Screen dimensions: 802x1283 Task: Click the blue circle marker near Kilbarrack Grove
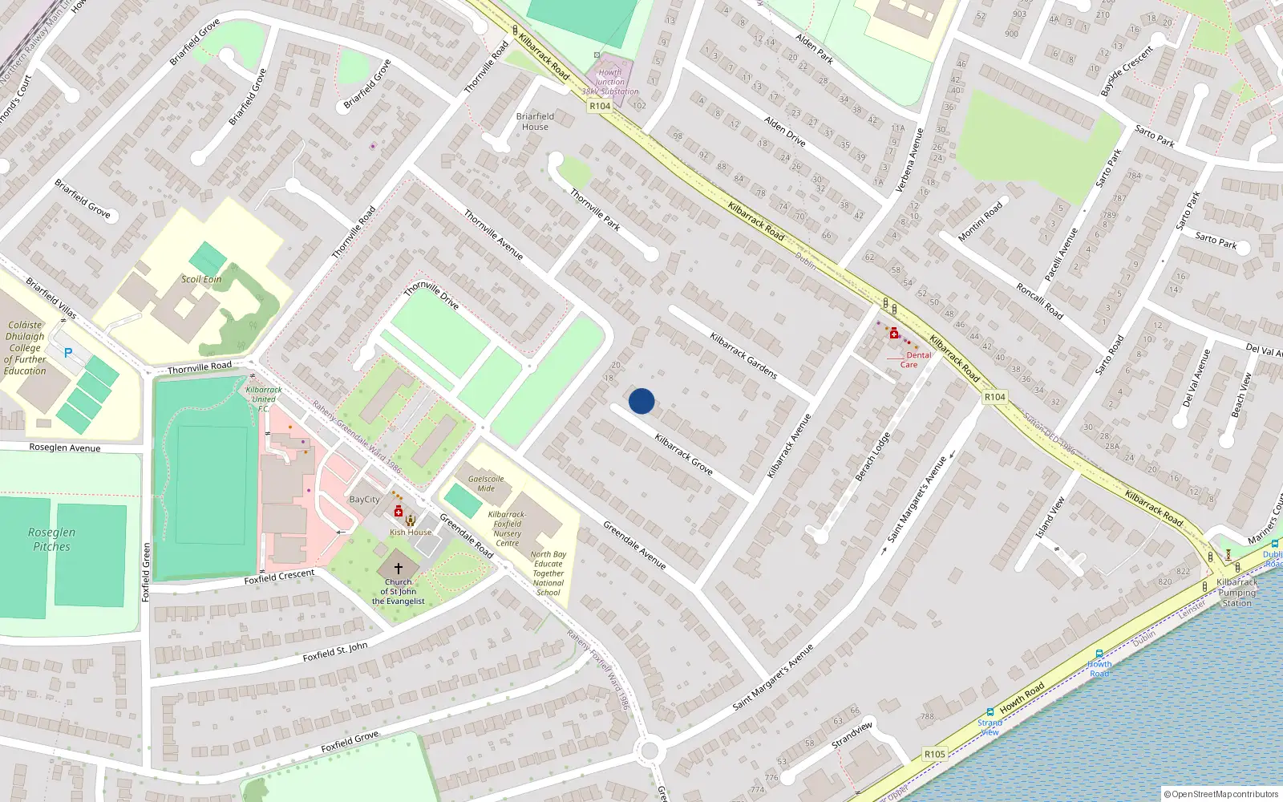[641, 401]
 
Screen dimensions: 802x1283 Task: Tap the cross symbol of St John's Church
[398, 568]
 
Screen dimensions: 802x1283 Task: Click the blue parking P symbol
[68, 353]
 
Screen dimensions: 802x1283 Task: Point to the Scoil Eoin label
[201, 279]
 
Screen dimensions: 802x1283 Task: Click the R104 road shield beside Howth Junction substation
[600, 106]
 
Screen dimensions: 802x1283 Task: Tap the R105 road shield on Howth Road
[934, 754]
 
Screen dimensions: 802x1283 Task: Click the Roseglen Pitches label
[52, 539]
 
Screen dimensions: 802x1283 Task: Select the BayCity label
[365, 499]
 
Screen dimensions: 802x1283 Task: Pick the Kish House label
[411, 532]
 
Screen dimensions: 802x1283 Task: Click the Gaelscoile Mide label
[486, 483]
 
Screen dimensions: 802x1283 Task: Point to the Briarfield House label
[535, 121]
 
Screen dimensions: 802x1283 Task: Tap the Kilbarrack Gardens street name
[743, 355]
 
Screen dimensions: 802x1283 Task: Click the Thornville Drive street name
[431, 294]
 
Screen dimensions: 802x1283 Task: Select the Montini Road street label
[980, 221]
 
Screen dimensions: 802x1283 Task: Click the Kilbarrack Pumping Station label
[1237, 592]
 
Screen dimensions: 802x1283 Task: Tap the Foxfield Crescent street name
[279, 577]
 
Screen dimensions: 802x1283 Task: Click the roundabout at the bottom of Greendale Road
[650, 751]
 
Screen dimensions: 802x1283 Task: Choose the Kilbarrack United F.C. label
[263, 399]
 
